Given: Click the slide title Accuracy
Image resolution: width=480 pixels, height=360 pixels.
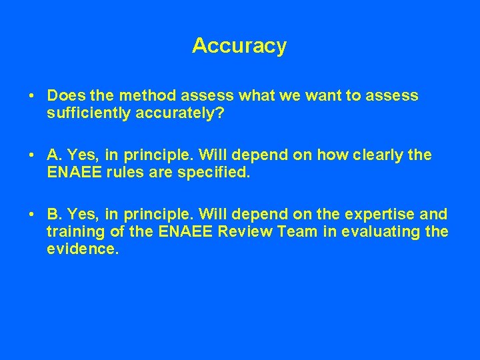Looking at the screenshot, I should pyautogui.click(x=239, y=46).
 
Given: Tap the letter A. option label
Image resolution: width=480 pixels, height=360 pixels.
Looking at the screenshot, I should pyautogui.click(x=54, y=155).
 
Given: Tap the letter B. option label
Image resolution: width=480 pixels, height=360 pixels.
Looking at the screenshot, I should pyautogui.click(x=54, y=215).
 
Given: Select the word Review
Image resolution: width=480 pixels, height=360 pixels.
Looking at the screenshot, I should pyautogui.click(x=221, y=233).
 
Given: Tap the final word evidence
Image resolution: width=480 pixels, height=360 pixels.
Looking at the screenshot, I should pyautogui.click(x=81, y=250).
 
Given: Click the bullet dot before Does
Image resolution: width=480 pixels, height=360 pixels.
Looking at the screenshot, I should pyautogui.click(x=32, y=96).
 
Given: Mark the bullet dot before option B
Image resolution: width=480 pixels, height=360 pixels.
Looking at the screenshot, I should pyautogui.click(x=32, y=215).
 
